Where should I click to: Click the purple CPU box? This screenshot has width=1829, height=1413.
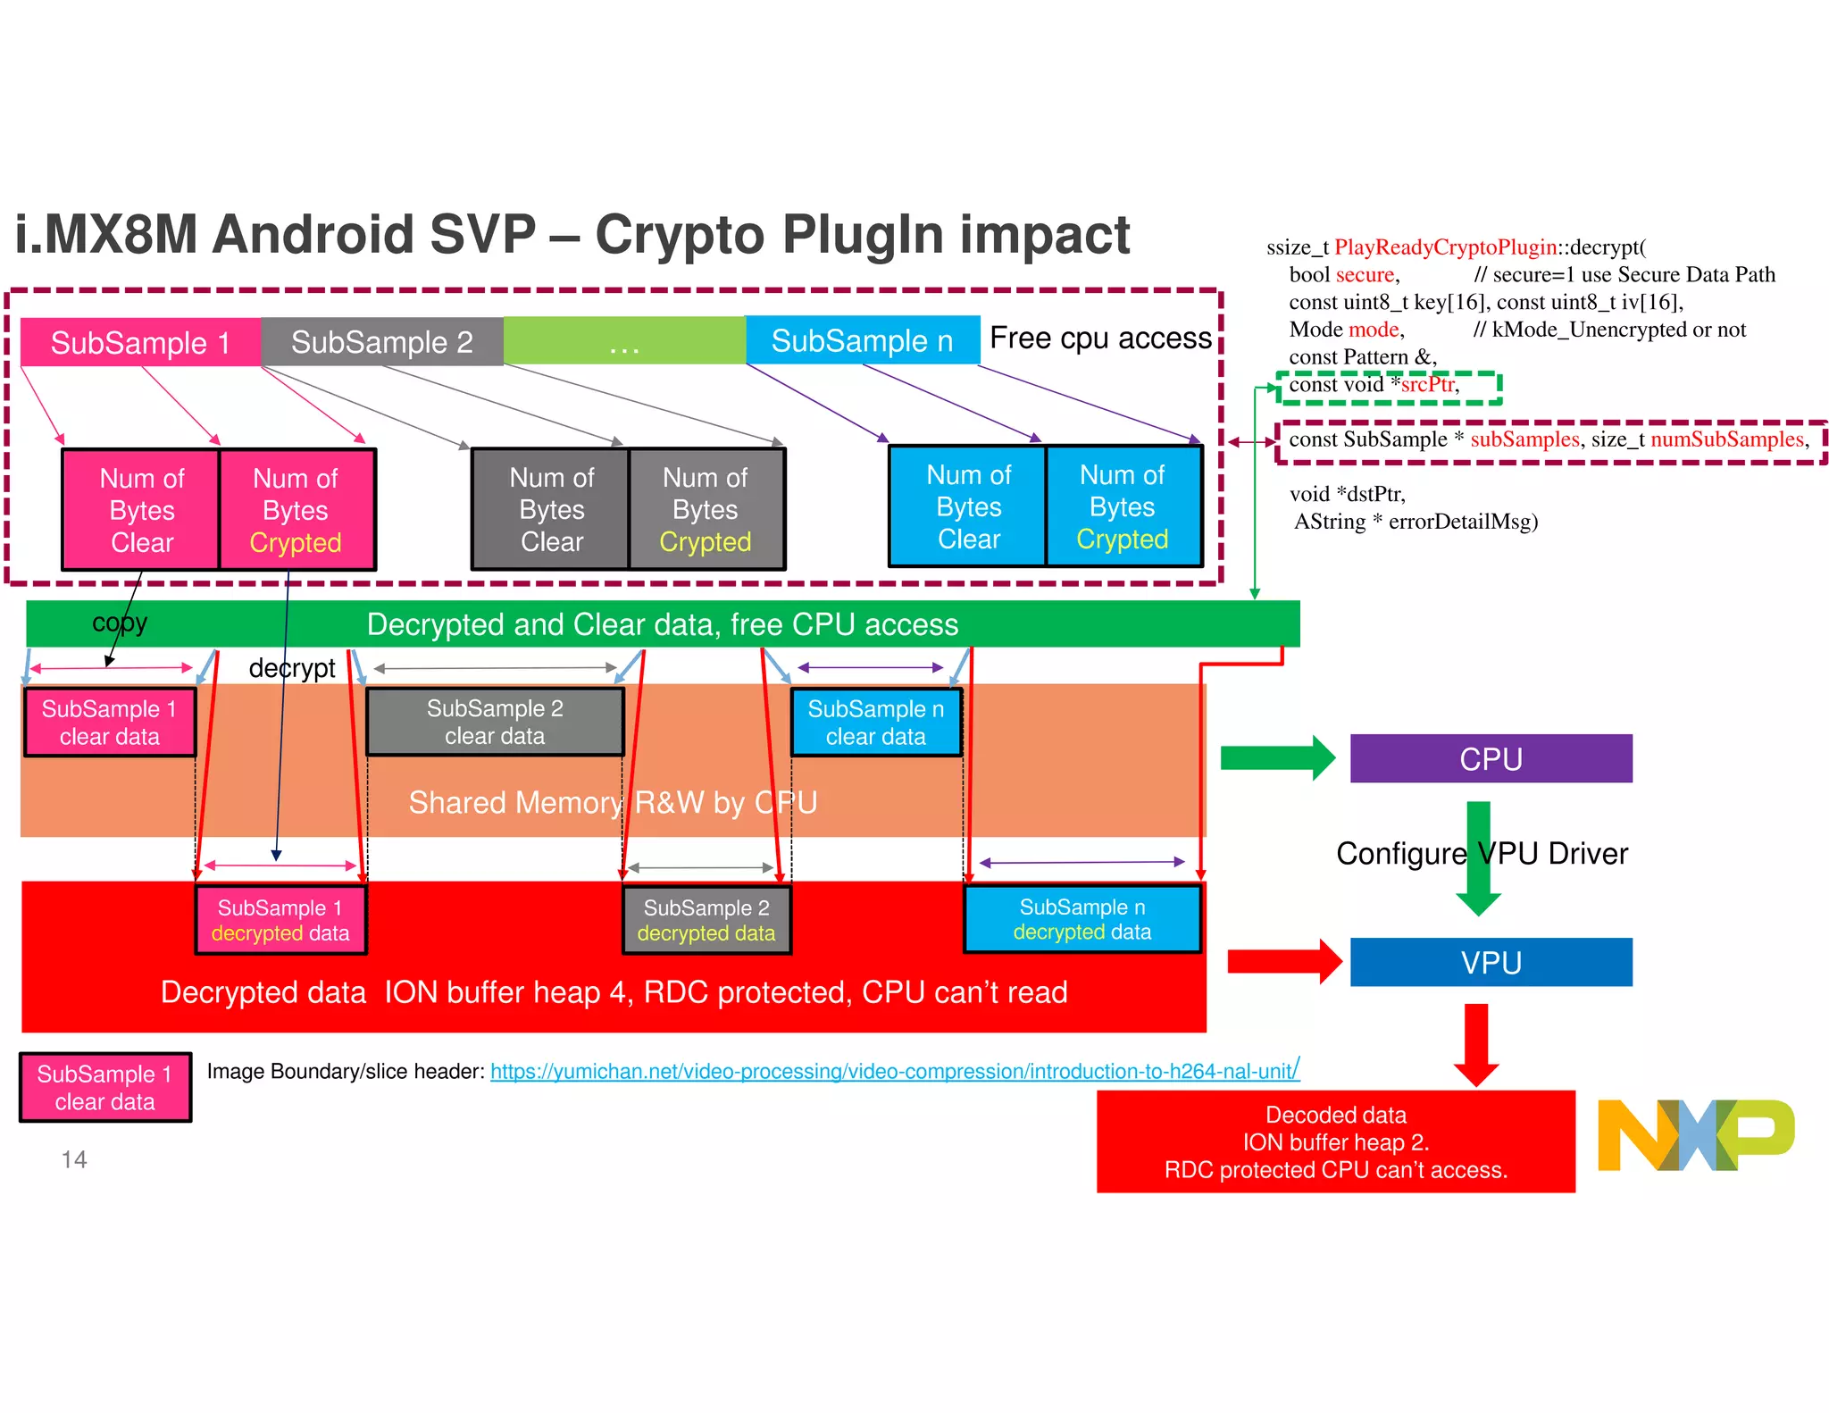point(1491,758)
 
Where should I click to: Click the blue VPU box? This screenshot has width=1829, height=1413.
point(1491,962)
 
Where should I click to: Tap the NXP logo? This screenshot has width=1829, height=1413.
point(1694,1134)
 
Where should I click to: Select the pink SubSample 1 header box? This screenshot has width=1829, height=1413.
point(140,342)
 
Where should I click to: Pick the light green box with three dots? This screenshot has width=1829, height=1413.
point(624,341)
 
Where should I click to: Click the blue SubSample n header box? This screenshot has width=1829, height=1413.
point(862,340)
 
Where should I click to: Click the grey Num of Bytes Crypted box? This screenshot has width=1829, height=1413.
point(706,509)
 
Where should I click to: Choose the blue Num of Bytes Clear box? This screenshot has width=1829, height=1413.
point(968,506)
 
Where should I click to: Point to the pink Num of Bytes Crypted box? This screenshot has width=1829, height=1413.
point(296,510)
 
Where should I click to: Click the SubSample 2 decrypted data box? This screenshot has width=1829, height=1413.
point(706,920)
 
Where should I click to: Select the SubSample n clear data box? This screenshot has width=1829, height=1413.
point(875,722)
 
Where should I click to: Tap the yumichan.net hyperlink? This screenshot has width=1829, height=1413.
point(894,1071)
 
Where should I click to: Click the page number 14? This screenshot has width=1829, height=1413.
point(74,1159)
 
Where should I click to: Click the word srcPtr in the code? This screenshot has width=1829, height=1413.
point(1427,385)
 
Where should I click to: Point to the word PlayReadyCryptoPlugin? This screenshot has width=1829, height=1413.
point(1445,247)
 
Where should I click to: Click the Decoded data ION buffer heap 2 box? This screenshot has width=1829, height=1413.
point(1335,1141)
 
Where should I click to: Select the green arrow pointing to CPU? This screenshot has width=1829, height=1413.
point(1277,757)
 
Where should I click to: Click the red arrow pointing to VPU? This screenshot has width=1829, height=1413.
point(1284,962)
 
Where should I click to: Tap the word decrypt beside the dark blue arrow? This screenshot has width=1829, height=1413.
point(292,668)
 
